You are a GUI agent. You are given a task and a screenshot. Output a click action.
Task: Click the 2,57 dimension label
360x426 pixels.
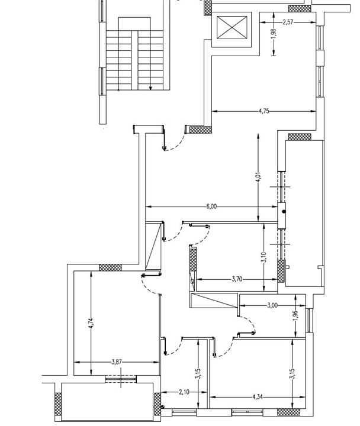coord(288,22)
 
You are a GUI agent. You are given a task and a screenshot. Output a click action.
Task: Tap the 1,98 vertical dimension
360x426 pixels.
coord(274,34)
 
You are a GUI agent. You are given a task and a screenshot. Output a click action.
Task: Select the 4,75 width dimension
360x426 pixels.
coord(264,111)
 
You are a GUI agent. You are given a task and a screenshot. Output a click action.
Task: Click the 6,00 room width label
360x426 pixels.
coord(211,206)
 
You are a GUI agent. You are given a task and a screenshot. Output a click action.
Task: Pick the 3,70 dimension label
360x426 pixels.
coord(237,279)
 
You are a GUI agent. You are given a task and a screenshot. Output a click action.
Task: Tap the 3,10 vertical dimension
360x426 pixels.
coord(263,257)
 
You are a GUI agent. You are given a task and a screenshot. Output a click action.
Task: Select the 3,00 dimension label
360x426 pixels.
coord(272,305)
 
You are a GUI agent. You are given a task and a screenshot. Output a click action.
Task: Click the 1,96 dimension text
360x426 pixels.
coord(297,316)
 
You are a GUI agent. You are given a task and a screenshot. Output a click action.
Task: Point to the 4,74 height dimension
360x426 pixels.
coord(91,324)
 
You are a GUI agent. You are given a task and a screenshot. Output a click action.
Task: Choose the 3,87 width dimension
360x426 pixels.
coord(117,362)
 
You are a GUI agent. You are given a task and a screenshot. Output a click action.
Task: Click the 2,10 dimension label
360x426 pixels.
coord(184,392)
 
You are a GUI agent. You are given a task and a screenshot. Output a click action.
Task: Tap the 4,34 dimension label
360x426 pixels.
coord(258,397)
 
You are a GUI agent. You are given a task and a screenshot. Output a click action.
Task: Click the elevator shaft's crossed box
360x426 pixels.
coord(232,27)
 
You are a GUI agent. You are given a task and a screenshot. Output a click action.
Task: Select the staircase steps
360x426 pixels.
coord(134,60)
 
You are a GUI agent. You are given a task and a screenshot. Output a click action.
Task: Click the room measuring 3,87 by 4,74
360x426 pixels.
coord(117,323)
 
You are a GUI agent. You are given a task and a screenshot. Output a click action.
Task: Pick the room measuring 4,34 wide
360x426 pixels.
coord(258,373)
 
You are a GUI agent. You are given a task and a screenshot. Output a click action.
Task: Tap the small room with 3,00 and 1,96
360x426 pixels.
coord(272,316)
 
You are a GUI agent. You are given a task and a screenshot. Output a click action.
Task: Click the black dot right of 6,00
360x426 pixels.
coord(284,211)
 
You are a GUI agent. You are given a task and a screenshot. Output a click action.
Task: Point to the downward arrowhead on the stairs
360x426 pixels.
coord(150,88)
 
